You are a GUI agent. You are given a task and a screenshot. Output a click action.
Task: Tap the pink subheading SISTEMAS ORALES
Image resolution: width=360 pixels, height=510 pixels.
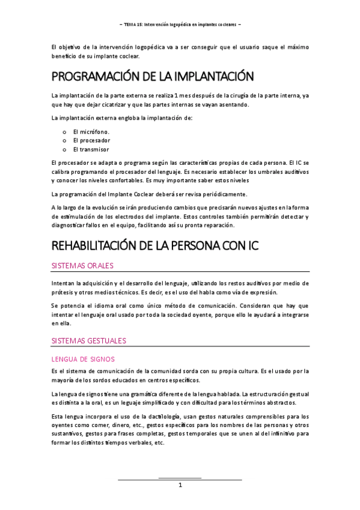click(x=82, y=266)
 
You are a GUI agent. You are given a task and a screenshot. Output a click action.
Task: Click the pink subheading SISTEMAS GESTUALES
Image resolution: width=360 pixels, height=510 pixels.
click(x=89, y=340)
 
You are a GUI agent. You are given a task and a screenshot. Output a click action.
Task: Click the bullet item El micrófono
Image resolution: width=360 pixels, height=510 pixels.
click(x=91, y=131)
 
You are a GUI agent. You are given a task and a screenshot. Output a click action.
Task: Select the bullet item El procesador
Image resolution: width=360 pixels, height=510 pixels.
click(x=91, y=140)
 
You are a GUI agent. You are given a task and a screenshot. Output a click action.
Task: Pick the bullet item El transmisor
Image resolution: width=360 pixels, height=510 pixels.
click(x=91, y=149)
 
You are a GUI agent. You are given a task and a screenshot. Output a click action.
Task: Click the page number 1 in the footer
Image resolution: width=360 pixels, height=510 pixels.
click(x=180, y=485)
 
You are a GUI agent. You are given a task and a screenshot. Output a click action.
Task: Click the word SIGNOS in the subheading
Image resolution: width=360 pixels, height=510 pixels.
click(x=109, y=359)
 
